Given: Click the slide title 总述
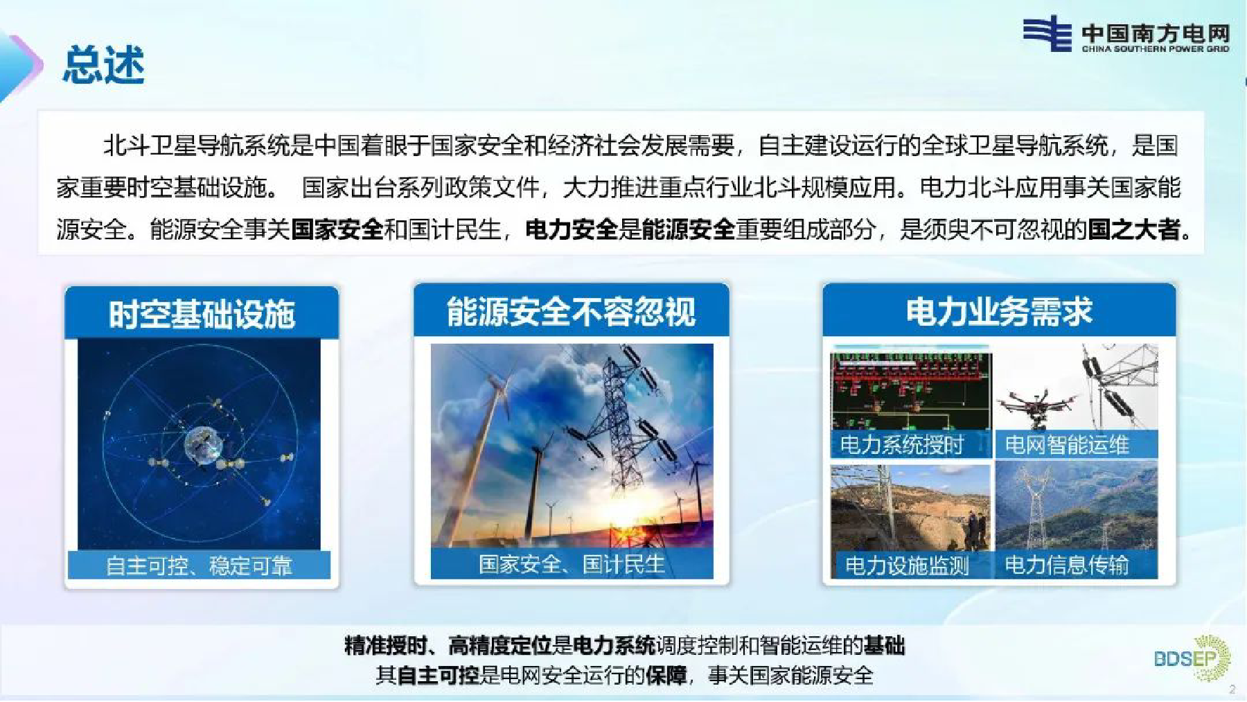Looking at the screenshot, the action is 104,65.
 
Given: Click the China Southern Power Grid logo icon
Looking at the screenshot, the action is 1047,33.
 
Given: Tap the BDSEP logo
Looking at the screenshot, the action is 1192,658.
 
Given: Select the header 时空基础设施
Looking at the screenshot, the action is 202,314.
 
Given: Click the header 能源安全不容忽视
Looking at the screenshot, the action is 571,311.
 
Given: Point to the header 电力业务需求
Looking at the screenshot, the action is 999,311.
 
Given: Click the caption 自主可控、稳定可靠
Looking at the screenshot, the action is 199,565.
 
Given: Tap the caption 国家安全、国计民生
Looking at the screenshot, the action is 572,564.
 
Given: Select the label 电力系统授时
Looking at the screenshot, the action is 902,444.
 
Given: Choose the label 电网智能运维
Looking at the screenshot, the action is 1067,444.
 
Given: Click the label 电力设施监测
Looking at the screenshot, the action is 907,565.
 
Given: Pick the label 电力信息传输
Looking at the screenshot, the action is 1067,565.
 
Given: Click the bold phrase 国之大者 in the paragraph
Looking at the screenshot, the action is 1134,229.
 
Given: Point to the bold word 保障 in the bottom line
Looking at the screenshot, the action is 666,675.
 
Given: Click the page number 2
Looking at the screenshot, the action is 1232,690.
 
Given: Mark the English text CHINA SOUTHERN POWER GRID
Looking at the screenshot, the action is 1156,49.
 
